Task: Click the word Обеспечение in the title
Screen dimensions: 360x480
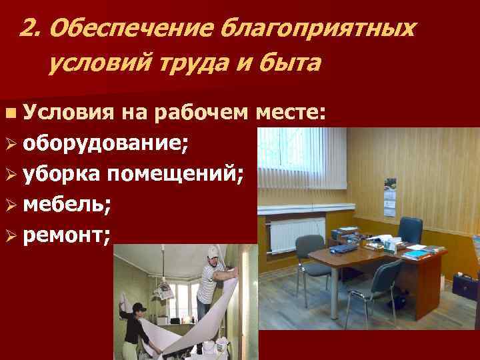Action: tap(129, 29)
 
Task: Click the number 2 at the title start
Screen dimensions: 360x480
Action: tap(28, 29)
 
